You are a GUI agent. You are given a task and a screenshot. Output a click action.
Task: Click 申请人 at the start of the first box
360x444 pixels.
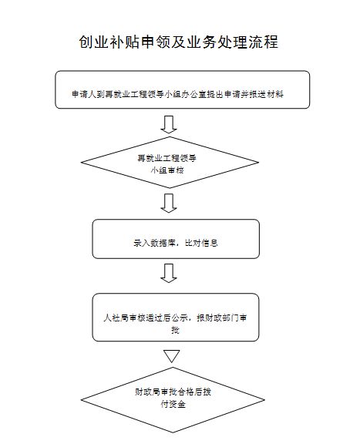tap(84, 94)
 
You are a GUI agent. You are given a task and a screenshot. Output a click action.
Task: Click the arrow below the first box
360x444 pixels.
tap(169, 124)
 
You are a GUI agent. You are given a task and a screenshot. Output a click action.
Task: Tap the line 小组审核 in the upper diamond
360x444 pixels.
tap(167, 170)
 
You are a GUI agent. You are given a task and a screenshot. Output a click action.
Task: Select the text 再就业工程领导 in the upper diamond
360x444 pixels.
tap(167, 158)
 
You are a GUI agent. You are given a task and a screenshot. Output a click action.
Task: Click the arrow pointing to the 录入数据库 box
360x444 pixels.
tap(169, 203)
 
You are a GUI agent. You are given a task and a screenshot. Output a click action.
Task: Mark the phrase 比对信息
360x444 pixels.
tap(201, 243)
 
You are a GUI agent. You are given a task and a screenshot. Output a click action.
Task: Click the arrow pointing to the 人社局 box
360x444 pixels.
tap(169, 273)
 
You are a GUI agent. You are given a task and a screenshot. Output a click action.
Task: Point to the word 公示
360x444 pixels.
tap(180, 318)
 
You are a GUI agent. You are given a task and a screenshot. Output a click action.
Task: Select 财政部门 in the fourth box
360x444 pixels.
tap(222, 318)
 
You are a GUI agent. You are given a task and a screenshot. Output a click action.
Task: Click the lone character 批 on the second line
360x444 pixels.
tap(175, 330)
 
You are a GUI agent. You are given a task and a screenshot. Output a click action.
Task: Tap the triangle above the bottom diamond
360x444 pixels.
tap(172, 356)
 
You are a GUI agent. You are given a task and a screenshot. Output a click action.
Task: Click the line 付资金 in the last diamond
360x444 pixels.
tap(173, 404)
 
